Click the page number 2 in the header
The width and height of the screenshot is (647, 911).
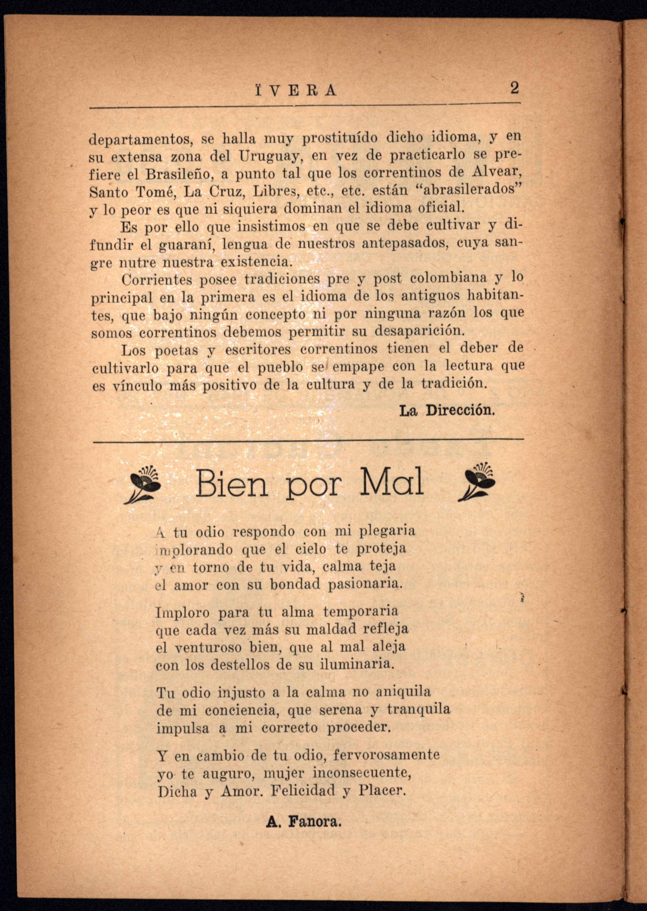tap(514, 88)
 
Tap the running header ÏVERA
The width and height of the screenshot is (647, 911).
tap(296, 91)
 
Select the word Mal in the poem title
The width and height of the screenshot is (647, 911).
tap(391, 482)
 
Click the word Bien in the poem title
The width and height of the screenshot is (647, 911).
tap(231, 483)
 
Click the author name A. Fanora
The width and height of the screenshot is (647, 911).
tap(304, 822)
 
